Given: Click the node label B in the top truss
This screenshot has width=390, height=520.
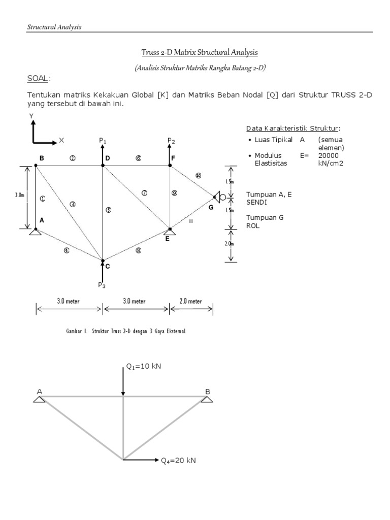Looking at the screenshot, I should [x=42, y=158].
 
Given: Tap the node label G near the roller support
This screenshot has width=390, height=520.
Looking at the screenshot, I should [x=211, y=207].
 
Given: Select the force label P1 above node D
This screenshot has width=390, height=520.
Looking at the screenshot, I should [x=103, y=140].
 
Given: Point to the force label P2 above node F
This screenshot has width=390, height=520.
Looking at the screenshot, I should [x=171, y=140].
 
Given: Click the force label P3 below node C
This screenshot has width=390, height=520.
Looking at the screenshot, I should [x=103, y=285].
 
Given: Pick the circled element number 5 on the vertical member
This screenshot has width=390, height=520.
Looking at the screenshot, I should [x=108, y=209].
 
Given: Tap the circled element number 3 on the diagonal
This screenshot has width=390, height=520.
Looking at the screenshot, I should [x=73, y=204].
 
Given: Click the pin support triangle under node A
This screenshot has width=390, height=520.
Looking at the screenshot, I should [x=36, y=232].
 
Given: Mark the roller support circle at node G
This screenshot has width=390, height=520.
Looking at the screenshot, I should [x=222, y=197].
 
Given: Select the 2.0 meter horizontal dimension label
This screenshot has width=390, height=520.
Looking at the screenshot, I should [x=190, y=301].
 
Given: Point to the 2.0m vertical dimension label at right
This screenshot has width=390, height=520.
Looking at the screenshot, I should [x=229, y=244].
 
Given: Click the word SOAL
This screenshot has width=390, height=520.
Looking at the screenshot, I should [x=38, y=79].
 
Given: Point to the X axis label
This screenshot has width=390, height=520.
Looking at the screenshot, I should [x=61, y=139].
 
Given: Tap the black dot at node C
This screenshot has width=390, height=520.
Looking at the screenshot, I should [x=103, y=262].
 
